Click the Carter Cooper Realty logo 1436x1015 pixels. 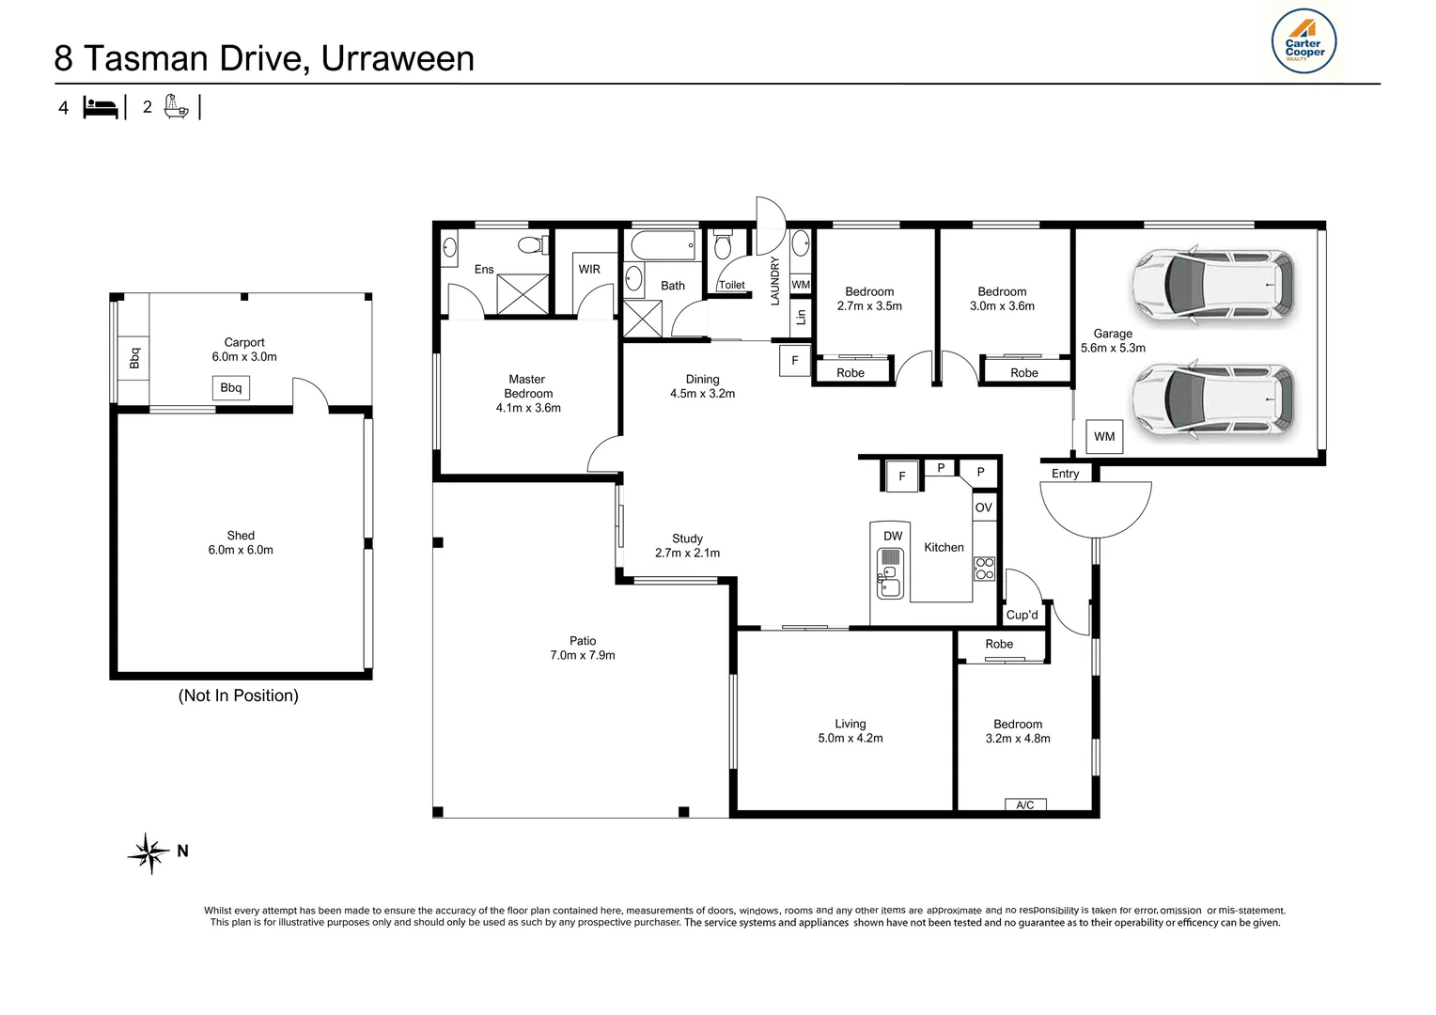pyautogui.click(x=1304, y=42)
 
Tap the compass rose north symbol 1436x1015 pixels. pyautogui.click(x=149, y=852)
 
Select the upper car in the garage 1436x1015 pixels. pyautogui.click(x=1212, y=288)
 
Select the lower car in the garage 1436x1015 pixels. pyautogui.click(x=1212, y=399)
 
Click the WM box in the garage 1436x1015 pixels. pyautogui.click(x=1104, y=436)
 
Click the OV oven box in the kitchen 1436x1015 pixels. pyautogui.click(x=983, y=507)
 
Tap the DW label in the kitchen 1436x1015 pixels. pyautogui.click(x=893, y=536)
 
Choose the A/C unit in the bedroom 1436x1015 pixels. pyautogui.click(x=1025, y=804)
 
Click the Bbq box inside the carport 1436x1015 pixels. pyautogui.click(x=231, y=387)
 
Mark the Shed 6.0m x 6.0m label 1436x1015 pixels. pyautogui.click(x=241, y=542)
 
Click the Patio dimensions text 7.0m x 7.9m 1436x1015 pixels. pyautogui.click(x=583, y=655)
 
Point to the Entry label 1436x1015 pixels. pyautogui.click(x=1065, y=474)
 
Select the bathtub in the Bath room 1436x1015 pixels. pyautogui.click(x=663, y=246)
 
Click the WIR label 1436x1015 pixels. pyautogui.click(x=589, y=269)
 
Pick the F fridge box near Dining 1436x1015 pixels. pyautogui.click(x=795, y=360)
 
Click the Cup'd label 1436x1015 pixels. pyautogui.click(x=1022, y=615)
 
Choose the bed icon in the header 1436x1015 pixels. pyautogui.click(x=101, y=107)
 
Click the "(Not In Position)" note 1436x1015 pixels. pyautogui.click(x=239, y=695)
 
